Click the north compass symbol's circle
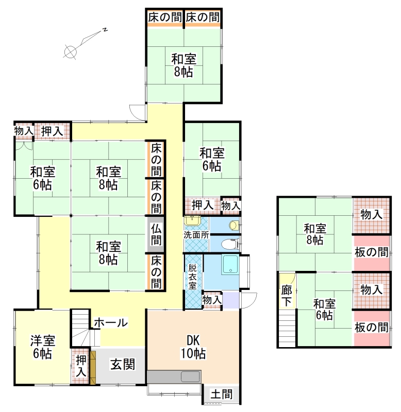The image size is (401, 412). (70, 51)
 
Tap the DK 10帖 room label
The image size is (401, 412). (193, 347)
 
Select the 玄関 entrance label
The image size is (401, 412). (123, 365)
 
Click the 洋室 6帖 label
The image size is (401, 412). (42, 347)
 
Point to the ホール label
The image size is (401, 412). (111, 322)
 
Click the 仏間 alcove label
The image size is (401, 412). (156, 235)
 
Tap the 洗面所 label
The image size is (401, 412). (196, 235)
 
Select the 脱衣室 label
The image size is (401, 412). (192, 277)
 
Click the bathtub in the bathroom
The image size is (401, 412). (230, 265)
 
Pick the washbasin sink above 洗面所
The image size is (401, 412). (192, 220)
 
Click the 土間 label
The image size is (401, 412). (222, 394)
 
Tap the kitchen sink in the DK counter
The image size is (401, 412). (190, 377)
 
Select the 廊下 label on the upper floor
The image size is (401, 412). (287, 296)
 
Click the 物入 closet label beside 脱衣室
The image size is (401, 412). (212, 300)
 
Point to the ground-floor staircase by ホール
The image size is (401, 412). (81, 328)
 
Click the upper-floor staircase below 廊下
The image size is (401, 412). (287, 328)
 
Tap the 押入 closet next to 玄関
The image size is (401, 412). (81, 366)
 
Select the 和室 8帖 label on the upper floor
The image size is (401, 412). (315, 234)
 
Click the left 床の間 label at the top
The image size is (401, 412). (165, 18)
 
